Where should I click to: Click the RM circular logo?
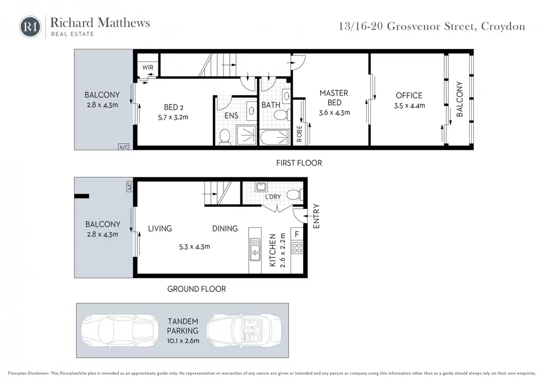click(x=30, y=26)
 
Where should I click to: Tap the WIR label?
click(x=148, y=68)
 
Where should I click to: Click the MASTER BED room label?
click(x=334, y=98)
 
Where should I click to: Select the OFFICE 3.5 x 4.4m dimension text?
click(x=409, y=106)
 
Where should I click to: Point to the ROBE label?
click(x=300, y=133)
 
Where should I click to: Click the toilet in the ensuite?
click(x=225, y=137)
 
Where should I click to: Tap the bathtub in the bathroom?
click(x=275, y=137)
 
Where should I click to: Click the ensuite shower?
click(x=247, y=135)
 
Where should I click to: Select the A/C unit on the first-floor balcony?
click(x=124, y=147)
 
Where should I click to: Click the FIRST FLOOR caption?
click(x=299, y=163)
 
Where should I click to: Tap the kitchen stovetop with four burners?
click(x=297, y=248)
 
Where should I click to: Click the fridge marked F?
click(x=297, y=234)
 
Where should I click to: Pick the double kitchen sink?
click(x=255, y=249)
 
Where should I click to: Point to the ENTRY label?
click(x=316, y=216)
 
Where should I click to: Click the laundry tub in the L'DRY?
click(x=261, y=187)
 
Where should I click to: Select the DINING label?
click(x=225, y=228)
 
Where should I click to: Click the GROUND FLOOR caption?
click(x=197, y=289)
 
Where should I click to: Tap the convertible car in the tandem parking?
click(x=244, y=330)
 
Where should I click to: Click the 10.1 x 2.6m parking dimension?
click(x=183, y=341)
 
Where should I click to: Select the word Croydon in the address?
click(x=503, y=26)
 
